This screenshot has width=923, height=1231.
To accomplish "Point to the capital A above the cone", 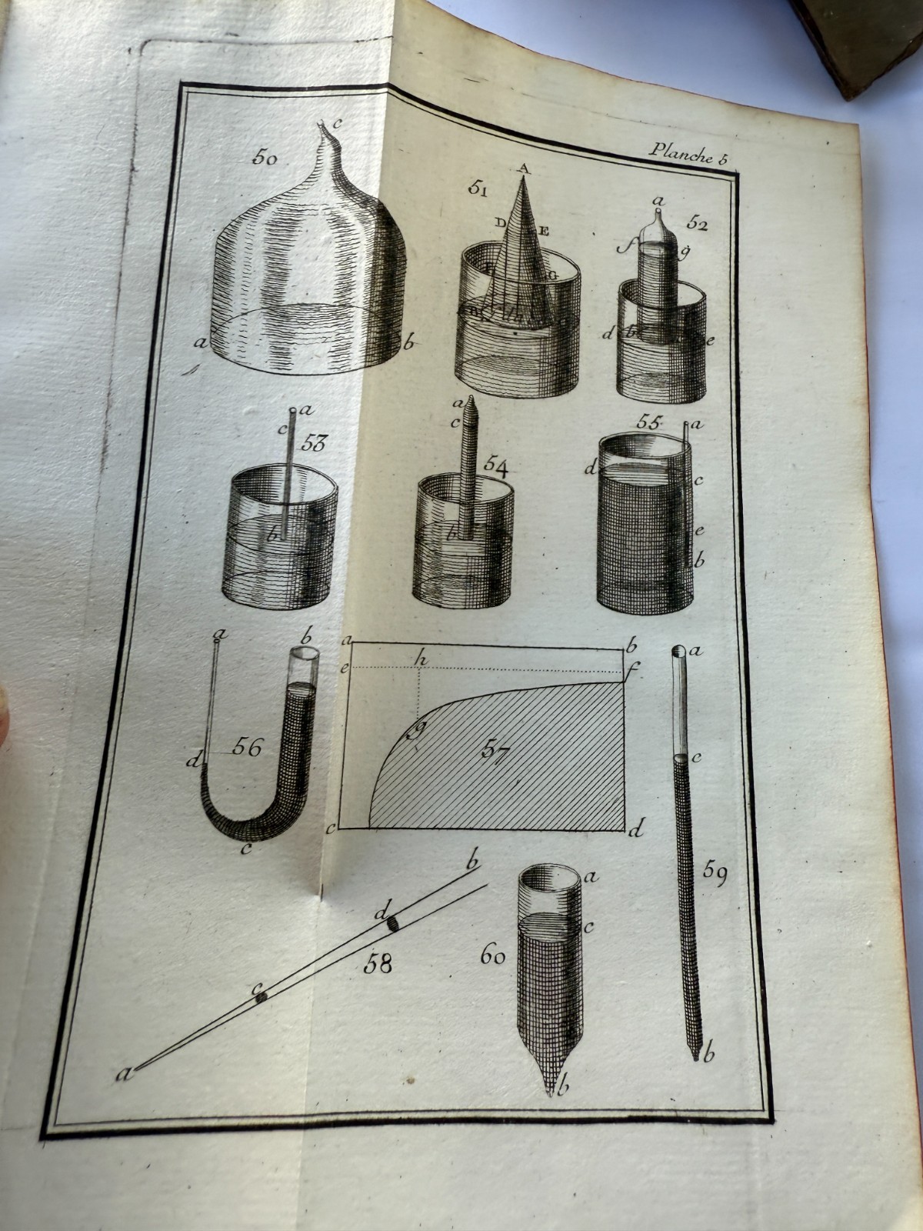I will click(525, 168).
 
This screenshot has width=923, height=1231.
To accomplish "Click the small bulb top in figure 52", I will click(658, 213).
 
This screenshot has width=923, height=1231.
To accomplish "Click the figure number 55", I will click(650, 422).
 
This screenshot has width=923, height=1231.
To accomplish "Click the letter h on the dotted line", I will click(420, 659).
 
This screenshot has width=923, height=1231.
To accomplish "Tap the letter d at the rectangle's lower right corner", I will click(635, 830).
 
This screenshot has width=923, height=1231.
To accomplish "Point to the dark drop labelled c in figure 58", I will click(262, 996).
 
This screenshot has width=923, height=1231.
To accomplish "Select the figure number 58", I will click(378, 962).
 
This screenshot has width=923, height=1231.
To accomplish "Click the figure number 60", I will click(493, 956).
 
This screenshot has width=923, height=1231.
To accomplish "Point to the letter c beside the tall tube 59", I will click(697, 758).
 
